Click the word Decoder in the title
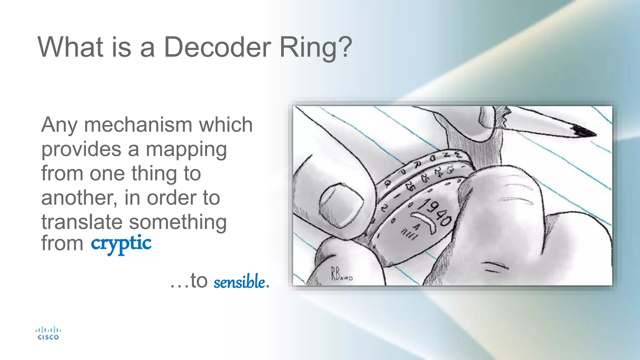[x=217, y=47]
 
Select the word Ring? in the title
[x=316, y=48]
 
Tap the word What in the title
[x=70, y=47]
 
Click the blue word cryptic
[x=121, y=244]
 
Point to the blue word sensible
[x=239, y=281]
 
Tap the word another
[x=79, y=198]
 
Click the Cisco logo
[x=48, y=333]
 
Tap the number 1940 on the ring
[x=436, y=212]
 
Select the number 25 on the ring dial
[x=425, y=178]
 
